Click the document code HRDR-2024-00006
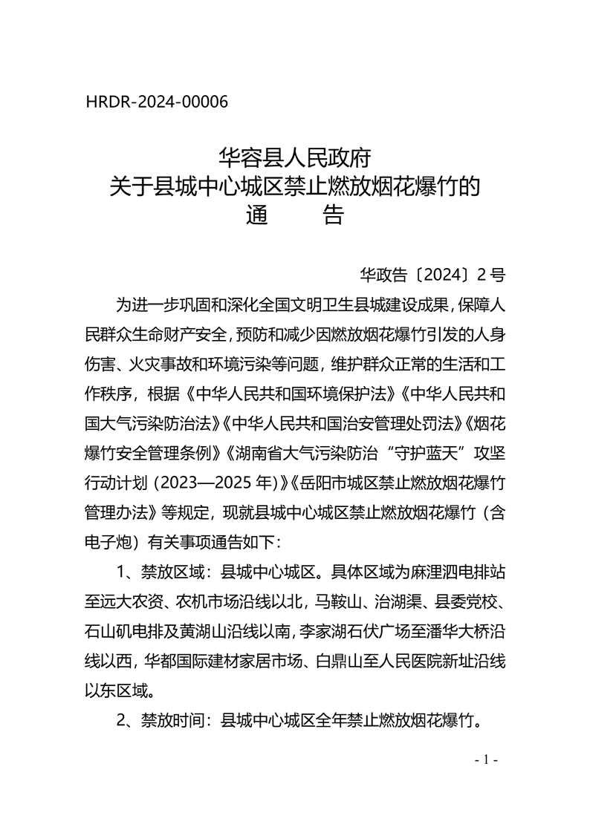(157, 102)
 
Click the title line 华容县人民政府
(294, 158)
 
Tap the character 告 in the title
(332, 215)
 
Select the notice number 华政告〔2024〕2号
(432, 275)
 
